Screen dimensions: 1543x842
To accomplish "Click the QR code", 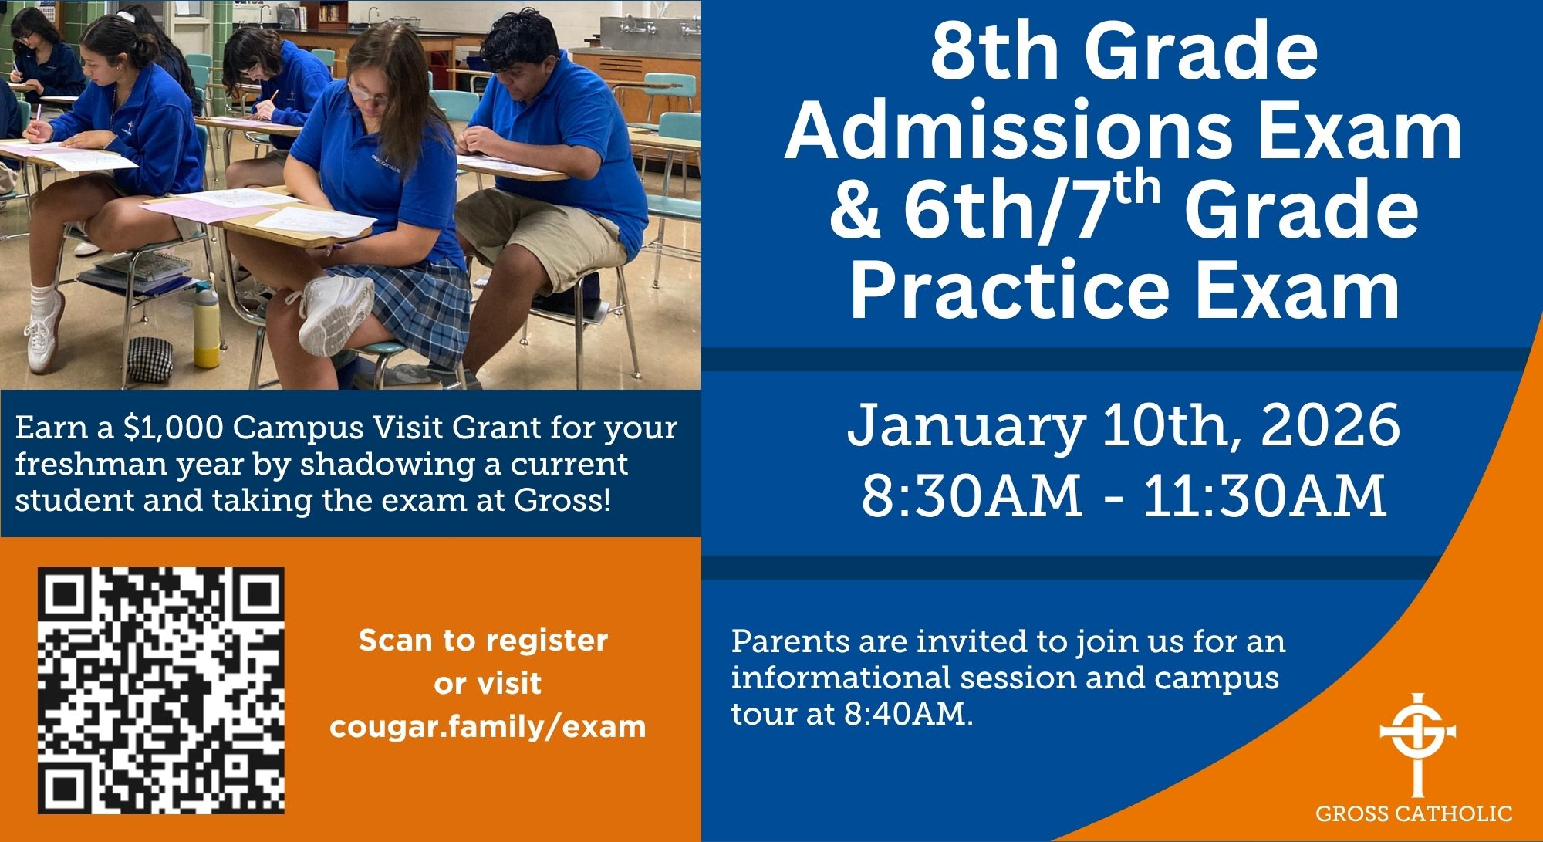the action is (x=161, y=690).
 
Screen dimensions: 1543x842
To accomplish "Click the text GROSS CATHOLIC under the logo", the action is (x=1413, y=813).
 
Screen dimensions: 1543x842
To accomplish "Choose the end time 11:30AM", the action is (x=1265, y=495).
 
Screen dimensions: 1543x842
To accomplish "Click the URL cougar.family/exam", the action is (x=488, y=727).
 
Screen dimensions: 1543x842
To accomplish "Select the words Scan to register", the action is (x=484, y=641).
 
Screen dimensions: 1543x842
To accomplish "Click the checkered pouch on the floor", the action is (x=150, y=360).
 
